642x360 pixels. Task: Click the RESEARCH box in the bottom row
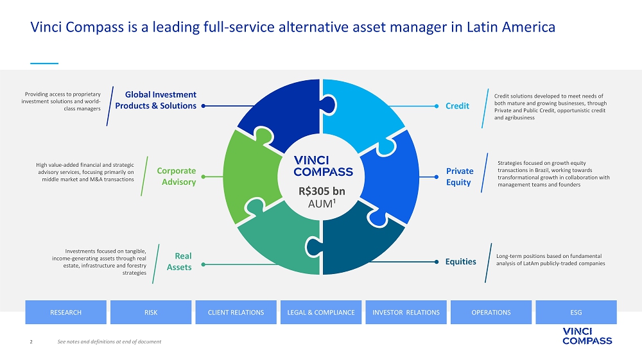pyautogui.click(x=65, y=313)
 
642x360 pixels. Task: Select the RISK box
pyautogui.click(x=151, y=313)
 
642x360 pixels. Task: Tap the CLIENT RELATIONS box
pyautogui.click(x=236, y=313)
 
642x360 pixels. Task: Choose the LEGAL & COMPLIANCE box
pyautogui.click(x=321, y=313)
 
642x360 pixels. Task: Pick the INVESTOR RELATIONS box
pyautogui.click(x=406, y=313)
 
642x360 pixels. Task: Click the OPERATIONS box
pyautogui.click(x=490, y=313)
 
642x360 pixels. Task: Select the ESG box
pyautogui.click(x=576, y=313)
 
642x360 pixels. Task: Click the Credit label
pyautogui.click(x=457, y=106)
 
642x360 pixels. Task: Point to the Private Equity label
pyautogui.click(x=460, y=176)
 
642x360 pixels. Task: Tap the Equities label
pyautogui.click(x=461, y=261)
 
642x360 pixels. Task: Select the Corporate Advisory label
pyautogui.click(x=177, y=176)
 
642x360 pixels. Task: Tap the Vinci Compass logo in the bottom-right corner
pyautogui.click(x=587, y=336)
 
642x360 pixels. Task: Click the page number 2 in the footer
pyautogui.click(x=32, y=341)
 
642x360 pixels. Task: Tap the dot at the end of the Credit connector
pyautogui.click(x=437, y=106)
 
